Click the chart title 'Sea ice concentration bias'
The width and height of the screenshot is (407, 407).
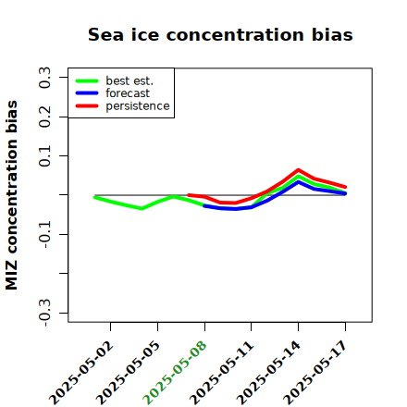[x=220, y=34]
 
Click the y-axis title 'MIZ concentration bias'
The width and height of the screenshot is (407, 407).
[x=12, y=195]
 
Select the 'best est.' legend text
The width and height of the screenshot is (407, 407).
[x=129, y=80]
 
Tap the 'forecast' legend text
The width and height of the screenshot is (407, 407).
[x=128, y=93]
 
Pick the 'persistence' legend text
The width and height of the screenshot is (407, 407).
[x=138, y=106]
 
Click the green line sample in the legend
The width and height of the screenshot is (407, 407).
[x=87, y=80]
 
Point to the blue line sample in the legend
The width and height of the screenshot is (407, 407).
[x=87, y=93]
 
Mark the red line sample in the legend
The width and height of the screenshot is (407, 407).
[x=87, y=106]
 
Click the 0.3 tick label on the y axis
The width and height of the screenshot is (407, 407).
[x=44, y=78]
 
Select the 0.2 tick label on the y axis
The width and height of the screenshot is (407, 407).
[x=44, y=117]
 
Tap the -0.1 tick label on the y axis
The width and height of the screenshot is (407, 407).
[x=44, y=234]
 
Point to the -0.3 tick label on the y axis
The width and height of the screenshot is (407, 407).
[x=44, y=313]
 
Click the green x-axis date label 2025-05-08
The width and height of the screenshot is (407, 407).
[x=175, y=373]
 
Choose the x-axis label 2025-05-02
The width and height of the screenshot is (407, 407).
[x=80, y=373]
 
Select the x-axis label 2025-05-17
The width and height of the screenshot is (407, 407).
[x=315, y=373]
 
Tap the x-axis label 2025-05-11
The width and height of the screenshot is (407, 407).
[x=221, y=373]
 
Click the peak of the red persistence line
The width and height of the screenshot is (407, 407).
[x=298, y=170]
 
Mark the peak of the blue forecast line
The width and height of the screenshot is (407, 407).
[x=298, y=182]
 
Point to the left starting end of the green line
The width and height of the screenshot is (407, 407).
[x=95, y=197]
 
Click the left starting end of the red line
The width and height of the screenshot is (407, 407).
[x=189, y=195]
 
